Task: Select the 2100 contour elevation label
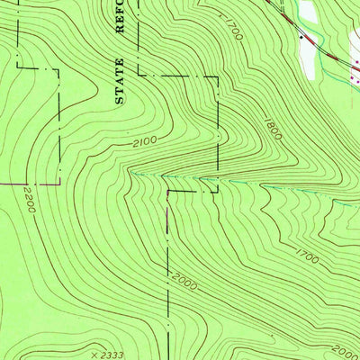tap(143, 140)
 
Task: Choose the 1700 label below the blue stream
tap(307, 258)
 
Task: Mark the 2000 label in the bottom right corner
tap(345, 351)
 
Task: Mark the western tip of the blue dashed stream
tap(132, 171)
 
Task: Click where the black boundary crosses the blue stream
tap(217, 179)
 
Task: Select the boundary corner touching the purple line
tap(59, 183)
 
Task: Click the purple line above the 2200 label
tap(27, 183)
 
